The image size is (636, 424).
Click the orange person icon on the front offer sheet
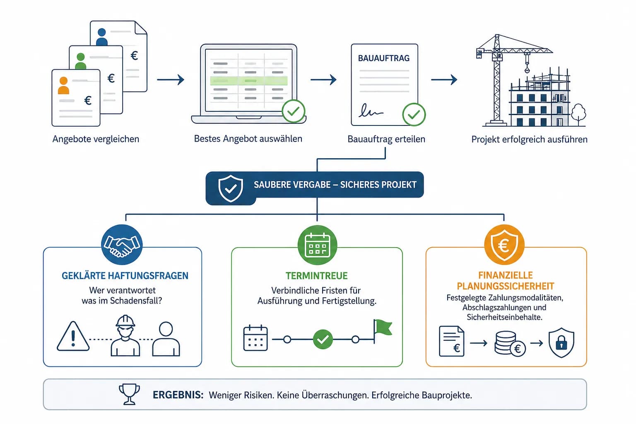click(63, 85)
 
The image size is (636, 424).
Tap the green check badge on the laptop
click(293, 111)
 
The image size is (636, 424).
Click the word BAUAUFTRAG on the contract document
click(383, 58)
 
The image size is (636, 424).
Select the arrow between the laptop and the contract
click(323, 79)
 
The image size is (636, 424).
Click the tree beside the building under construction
click(578, 113)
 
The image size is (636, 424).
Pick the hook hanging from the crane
click(527, 68)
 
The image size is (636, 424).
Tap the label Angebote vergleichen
click(96, 139)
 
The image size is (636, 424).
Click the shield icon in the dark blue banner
click(231, 188)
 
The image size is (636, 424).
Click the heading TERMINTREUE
click(316, 276)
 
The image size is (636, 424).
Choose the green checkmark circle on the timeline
click(323, 340)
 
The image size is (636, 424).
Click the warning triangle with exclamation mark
click(73, 337)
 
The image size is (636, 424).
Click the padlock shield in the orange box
click(561, 342)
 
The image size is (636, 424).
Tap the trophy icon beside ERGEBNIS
click(129, 394)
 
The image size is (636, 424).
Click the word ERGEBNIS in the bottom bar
click(178, 395)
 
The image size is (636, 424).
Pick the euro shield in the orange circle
click(504, 245)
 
